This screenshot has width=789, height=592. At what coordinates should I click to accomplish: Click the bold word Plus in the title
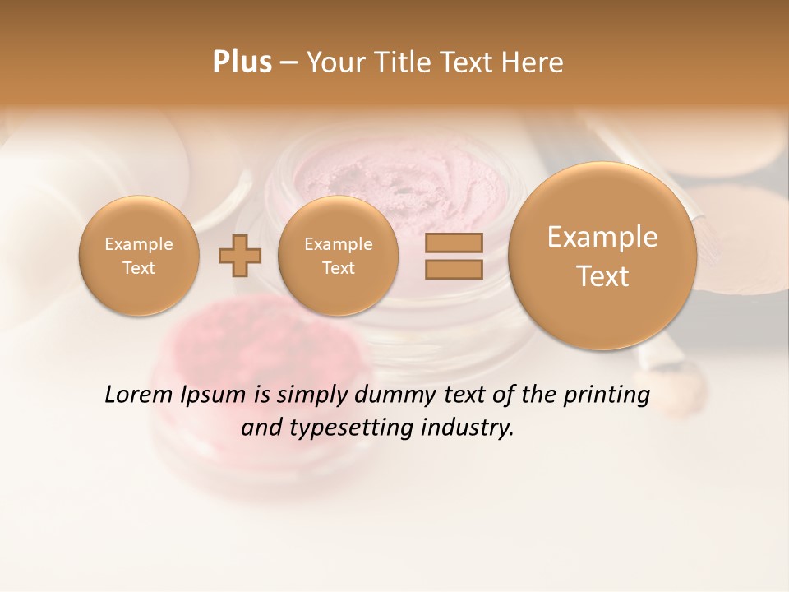pos(242,62)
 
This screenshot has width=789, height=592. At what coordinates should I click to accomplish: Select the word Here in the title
pos(533,62)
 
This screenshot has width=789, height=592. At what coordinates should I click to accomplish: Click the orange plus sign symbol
pos(239,257)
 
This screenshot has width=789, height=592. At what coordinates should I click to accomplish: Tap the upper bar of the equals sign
pos(453,243)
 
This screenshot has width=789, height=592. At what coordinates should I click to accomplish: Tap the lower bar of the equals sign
pos(453,269)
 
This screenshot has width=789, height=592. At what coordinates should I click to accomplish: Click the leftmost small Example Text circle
pos(138,256)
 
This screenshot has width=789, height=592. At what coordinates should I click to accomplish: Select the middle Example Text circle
pos(338,256)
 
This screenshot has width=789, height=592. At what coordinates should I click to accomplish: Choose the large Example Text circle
pos(602,256)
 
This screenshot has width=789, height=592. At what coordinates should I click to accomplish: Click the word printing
pos(607,395)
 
